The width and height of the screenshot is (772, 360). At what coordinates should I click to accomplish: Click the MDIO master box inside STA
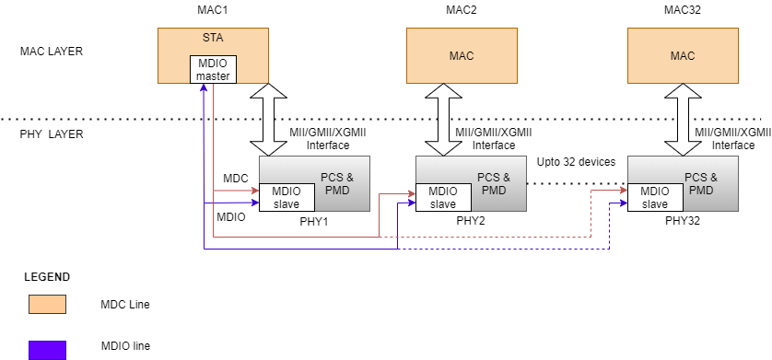[213, 69]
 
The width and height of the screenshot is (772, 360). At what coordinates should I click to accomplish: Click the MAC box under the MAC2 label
[462, 55]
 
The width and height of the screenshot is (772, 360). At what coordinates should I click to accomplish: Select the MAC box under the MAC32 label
[683, 55]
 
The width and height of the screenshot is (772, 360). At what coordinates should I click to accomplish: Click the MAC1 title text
[213, 8]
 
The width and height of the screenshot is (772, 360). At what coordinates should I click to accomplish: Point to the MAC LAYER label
[52, 52]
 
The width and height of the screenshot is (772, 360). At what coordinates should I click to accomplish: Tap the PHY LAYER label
[52, 134]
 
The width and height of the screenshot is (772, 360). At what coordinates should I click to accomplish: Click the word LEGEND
[46, 276]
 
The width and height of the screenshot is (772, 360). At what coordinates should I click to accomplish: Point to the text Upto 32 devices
[576, 162]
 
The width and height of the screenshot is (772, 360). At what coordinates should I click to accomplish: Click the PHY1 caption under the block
[314, 222]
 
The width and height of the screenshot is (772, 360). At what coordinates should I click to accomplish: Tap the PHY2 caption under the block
[470, 222]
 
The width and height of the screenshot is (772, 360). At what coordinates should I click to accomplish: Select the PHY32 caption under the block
[683, 222]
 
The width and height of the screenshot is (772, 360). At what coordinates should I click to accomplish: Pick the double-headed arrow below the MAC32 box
[683, 120]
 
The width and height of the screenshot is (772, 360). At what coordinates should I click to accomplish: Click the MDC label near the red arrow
[236, 177]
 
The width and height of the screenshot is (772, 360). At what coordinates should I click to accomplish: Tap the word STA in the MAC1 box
[213, 40]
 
